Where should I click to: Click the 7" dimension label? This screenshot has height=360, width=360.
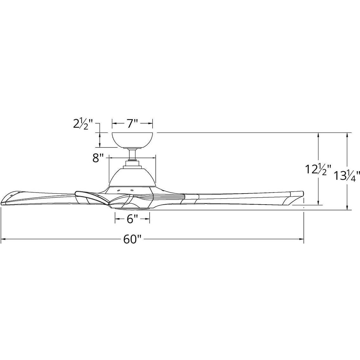click(132, 123)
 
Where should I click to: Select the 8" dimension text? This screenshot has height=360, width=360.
click(98, 158)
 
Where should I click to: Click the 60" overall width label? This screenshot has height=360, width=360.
click(132, 239)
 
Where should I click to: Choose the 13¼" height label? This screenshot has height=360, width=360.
click(347, 176)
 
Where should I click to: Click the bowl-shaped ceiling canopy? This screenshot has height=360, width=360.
click(132, 140)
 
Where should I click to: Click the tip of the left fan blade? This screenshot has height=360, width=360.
click(4, 203)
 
